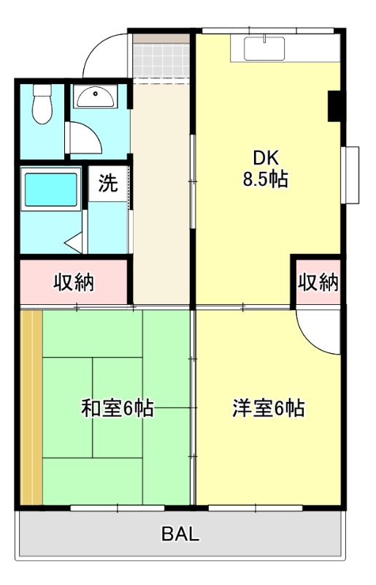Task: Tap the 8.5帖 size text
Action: pyautogui.click(x=265, y=179)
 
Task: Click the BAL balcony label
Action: pyautogui.click(x=180, y=534)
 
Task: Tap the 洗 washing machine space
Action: pyautogui.click(x=107, y=183)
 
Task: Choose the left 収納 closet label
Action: pyautogui.click(x=74, y=282)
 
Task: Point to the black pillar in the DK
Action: pyautogui.click(x=335, y=106)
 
